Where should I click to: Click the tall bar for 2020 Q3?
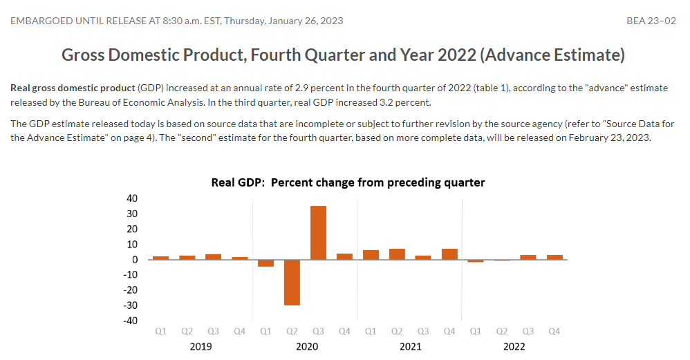click(318, 233)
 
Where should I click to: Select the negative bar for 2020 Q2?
click(292, 283)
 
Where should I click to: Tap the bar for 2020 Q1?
click(265, 263)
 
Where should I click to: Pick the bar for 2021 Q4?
click(449, 254)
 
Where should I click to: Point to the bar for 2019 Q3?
click(213, 257)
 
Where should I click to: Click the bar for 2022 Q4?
click(554, 258)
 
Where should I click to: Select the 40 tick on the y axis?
click(131, 199)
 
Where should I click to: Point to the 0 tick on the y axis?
click(134, 260)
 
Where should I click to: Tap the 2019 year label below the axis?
click(201, 347)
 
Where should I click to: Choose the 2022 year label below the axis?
click(514, 347)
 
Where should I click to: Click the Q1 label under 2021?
click(371, 332)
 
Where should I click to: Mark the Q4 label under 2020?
click(344, 332)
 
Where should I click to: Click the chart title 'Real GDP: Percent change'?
click(348, 183)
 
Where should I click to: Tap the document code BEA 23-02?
click(651, 21)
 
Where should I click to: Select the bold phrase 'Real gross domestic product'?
click(73, 88)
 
